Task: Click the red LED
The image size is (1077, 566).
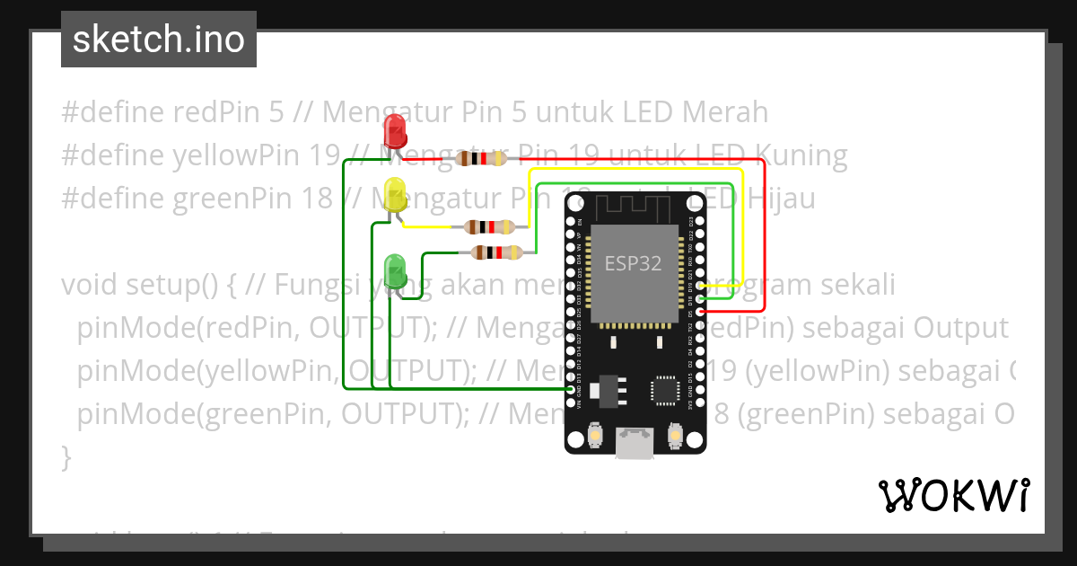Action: tap(395, 132)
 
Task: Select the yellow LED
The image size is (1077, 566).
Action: tap(395, 195)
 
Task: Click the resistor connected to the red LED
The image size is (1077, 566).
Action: tap(481, 159)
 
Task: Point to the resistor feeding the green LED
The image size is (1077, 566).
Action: tap(495, 252)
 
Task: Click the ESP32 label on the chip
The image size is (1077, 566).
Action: tap(633, 263)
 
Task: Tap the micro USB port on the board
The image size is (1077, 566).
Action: tap(635, 442)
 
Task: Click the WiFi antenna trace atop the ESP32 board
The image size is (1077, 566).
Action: tap(635, 206)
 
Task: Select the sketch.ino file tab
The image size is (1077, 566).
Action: tap(159, 40)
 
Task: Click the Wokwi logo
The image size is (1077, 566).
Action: tap(953, 495)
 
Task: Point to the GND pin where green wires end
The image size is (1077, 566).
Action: tap(572, 390)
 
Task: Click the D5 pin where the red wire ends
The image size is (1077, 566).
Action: tap(699, 311)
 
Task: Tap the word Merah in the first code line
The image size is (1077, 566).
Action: tap(725, 112)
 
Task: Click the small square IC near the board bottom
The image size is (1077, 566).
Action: tap(665, 390)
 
